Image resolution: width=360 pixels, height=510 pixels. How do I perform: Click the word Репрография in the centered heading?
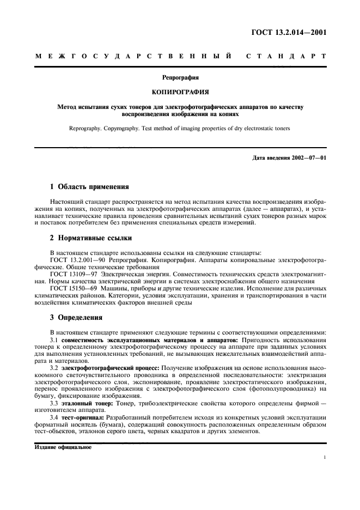coord(180,77)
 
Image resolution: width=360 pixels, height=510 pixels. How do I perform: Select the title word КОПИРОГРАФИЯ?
coord(180,92)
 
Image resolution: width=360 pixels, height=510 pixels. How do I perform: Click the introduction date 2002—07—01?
coord(307,157)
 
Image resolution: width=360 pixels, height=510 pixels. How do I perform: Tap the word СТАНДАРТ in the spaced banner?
coord(286,56)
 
